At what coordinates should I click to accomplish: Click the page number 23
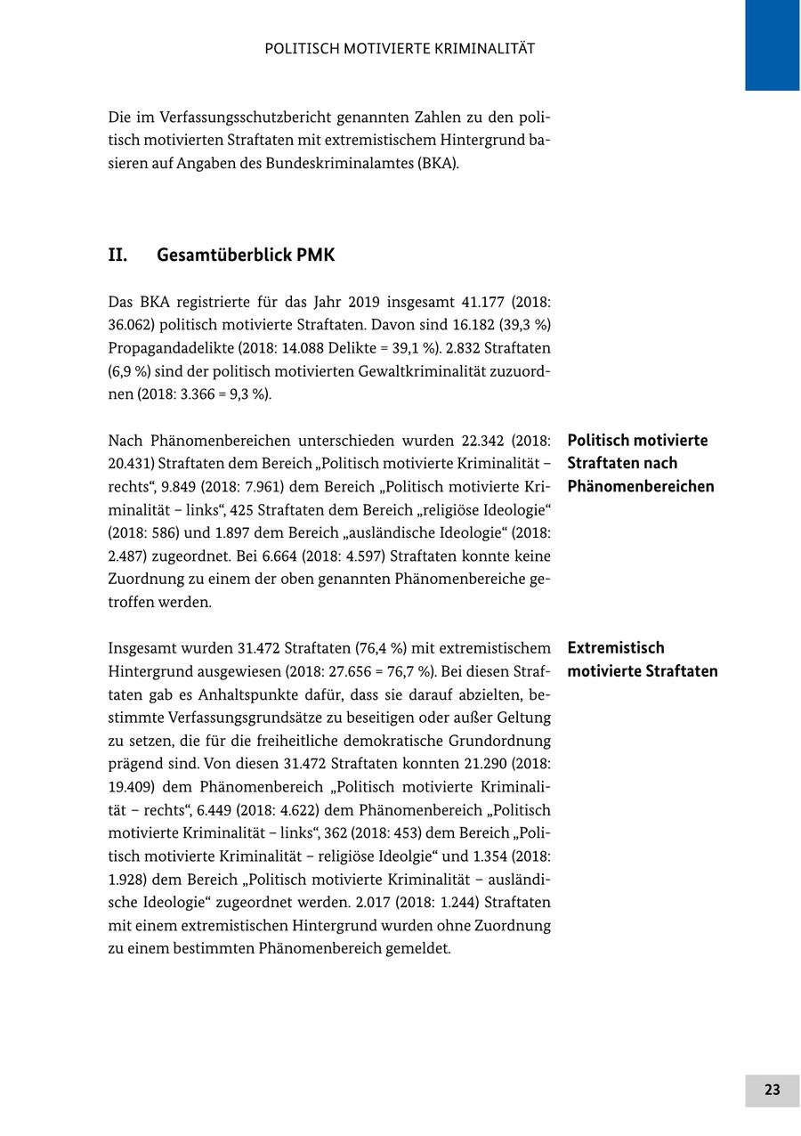(x=772, y=1090)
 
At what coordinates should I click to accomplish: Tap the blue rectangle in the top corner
(x=772, y=45)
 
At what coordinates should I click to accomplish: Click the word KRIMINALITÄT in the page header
(x=485, y=49)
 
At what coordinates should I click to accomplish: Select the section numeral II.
(x=117, y=256)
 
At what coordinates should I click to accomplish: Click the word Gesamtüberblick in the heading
(x=224, y=256)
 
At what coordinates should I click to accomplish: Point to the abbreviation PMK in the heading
(x=316, y=256)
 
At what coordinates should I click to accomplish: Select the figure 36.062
(x=131, y=325)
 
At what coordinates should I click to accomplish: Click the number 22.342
(x=485, y=441)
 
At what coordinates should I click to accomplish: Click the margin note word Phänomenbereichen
(x=641, y=486)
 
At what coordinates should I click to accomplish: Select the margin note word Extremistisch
(x=616, y=647)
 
